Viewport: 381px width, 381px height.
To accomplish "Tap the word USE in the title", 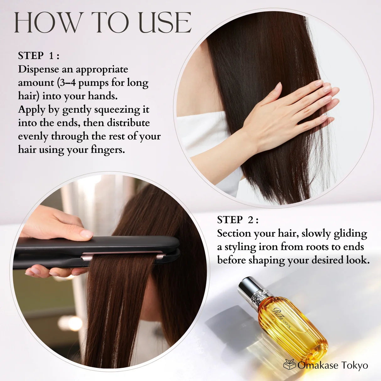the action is pyautogui.click(x=165, y=22).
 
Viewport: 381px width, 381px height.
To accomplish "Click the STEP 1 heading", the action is pyautogui.click(x=39, y=56).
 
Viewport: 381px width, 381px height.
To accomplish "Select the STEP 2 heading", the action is pyautogui.click(x=238, y=220).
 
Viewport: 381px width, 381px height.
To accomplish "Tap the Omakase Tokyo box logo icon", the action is pyautogui.click(x=289, y=364).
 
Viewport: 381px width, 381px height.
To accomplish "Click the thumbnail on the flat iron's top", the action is pyautogui.click(x=86, y=234).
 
